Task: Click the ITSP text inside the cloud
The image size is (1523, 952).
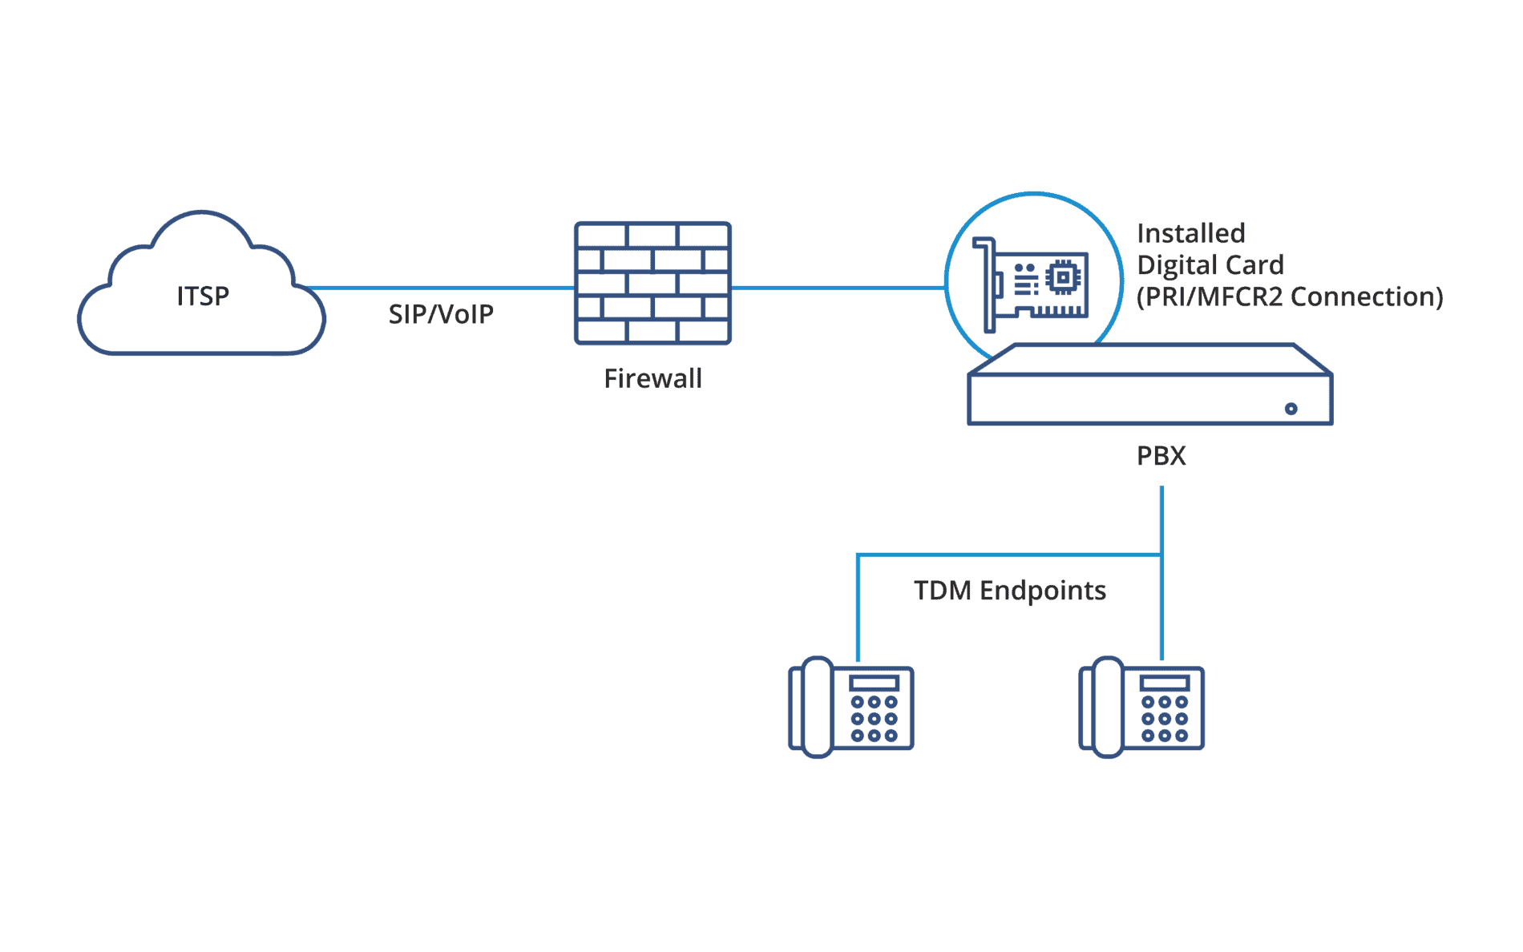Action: [x=203, y=296]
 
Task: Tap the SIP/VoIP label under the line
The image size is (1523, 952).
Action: [x=441, y=314]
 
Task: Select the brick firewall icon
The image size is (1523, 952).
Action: [x=652, y=283]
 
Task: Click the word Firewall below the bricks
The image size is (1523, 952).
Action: [x=652, y=378]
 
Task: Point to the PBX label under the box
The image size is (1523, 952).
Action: [x=1161, y=455]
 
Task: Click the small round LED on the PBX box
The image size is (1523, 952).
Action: [x=1291, y=409]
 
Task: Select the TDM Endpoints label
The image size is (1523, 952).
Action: [x=1009, y=591]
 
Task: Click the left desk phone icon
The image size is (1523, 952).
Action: [x=851, y=708]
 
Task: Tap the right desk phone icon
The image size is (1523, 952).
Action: [x=1141, y=708]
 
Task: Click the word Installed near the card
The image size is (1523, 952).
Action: [x=1190, y=233]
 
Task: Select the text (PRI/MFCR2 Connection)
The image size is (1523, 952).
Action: [x=1289, y=296]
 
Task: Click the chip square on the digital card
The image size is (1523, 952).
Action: [x=1064, y=277]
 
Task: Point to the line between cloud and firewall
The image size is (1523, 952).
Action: [x=441, y=287]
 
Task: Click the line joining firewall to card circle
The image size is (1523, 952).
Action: [x=838, y=287]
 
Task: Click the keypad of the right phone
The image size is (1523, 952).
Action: [x=1164, y=718]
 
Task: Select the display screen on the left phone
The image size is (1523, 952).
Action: [x=874, y=684]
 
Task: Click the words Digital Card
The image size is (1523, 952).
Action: [x=1210, y=264]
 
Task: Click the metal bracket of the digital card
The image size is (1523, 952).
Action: [x=988, y=284]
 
